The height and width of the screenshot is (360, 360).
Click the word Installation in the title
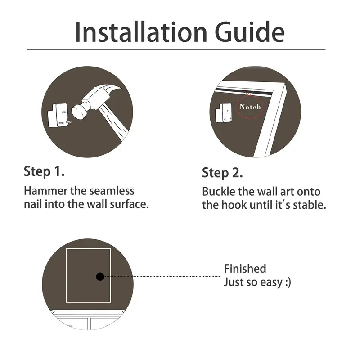point(141,32)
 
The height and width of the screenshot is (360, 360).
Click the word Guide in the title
point(250,32)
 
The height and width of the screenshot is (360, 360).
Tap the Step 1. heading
point(44,171)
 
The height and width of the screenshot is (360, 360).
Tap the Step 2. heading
point(222,173)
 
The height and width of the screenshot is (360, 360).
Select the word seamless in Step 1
point(112,191)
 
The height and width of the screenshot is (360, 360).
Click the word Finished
point(245,269)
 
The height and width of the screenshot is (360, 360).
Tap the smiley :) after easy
point(288,282)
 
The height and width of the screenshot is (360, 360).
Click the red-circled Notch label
point(250,107)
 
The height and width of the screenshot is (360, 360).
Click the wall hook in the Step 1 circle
point(58,115)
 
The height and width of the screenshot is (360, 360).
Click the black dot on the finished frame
point(100,277)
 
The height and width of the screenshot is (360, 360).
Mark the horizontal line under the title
point(176,50)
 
